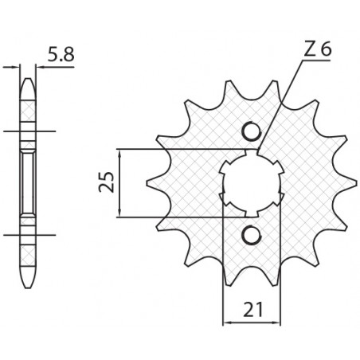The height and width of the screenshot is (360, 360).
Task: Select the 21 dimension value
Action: tap(252, 306)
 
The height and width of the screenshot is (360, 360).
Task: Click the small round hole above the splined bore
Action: tap(251, 132)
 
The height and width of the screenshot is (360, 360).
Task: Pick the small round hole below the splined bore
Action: tap(251, 233)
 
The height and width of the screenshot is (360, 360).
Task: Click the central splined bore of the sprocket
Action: tap(251, 182)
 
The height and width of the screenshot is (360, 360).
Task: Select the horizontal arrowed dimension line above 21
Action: tap(252, 323)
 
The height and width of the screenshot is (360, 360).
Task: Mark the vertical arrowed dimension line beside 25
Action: tap(120, 182)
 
